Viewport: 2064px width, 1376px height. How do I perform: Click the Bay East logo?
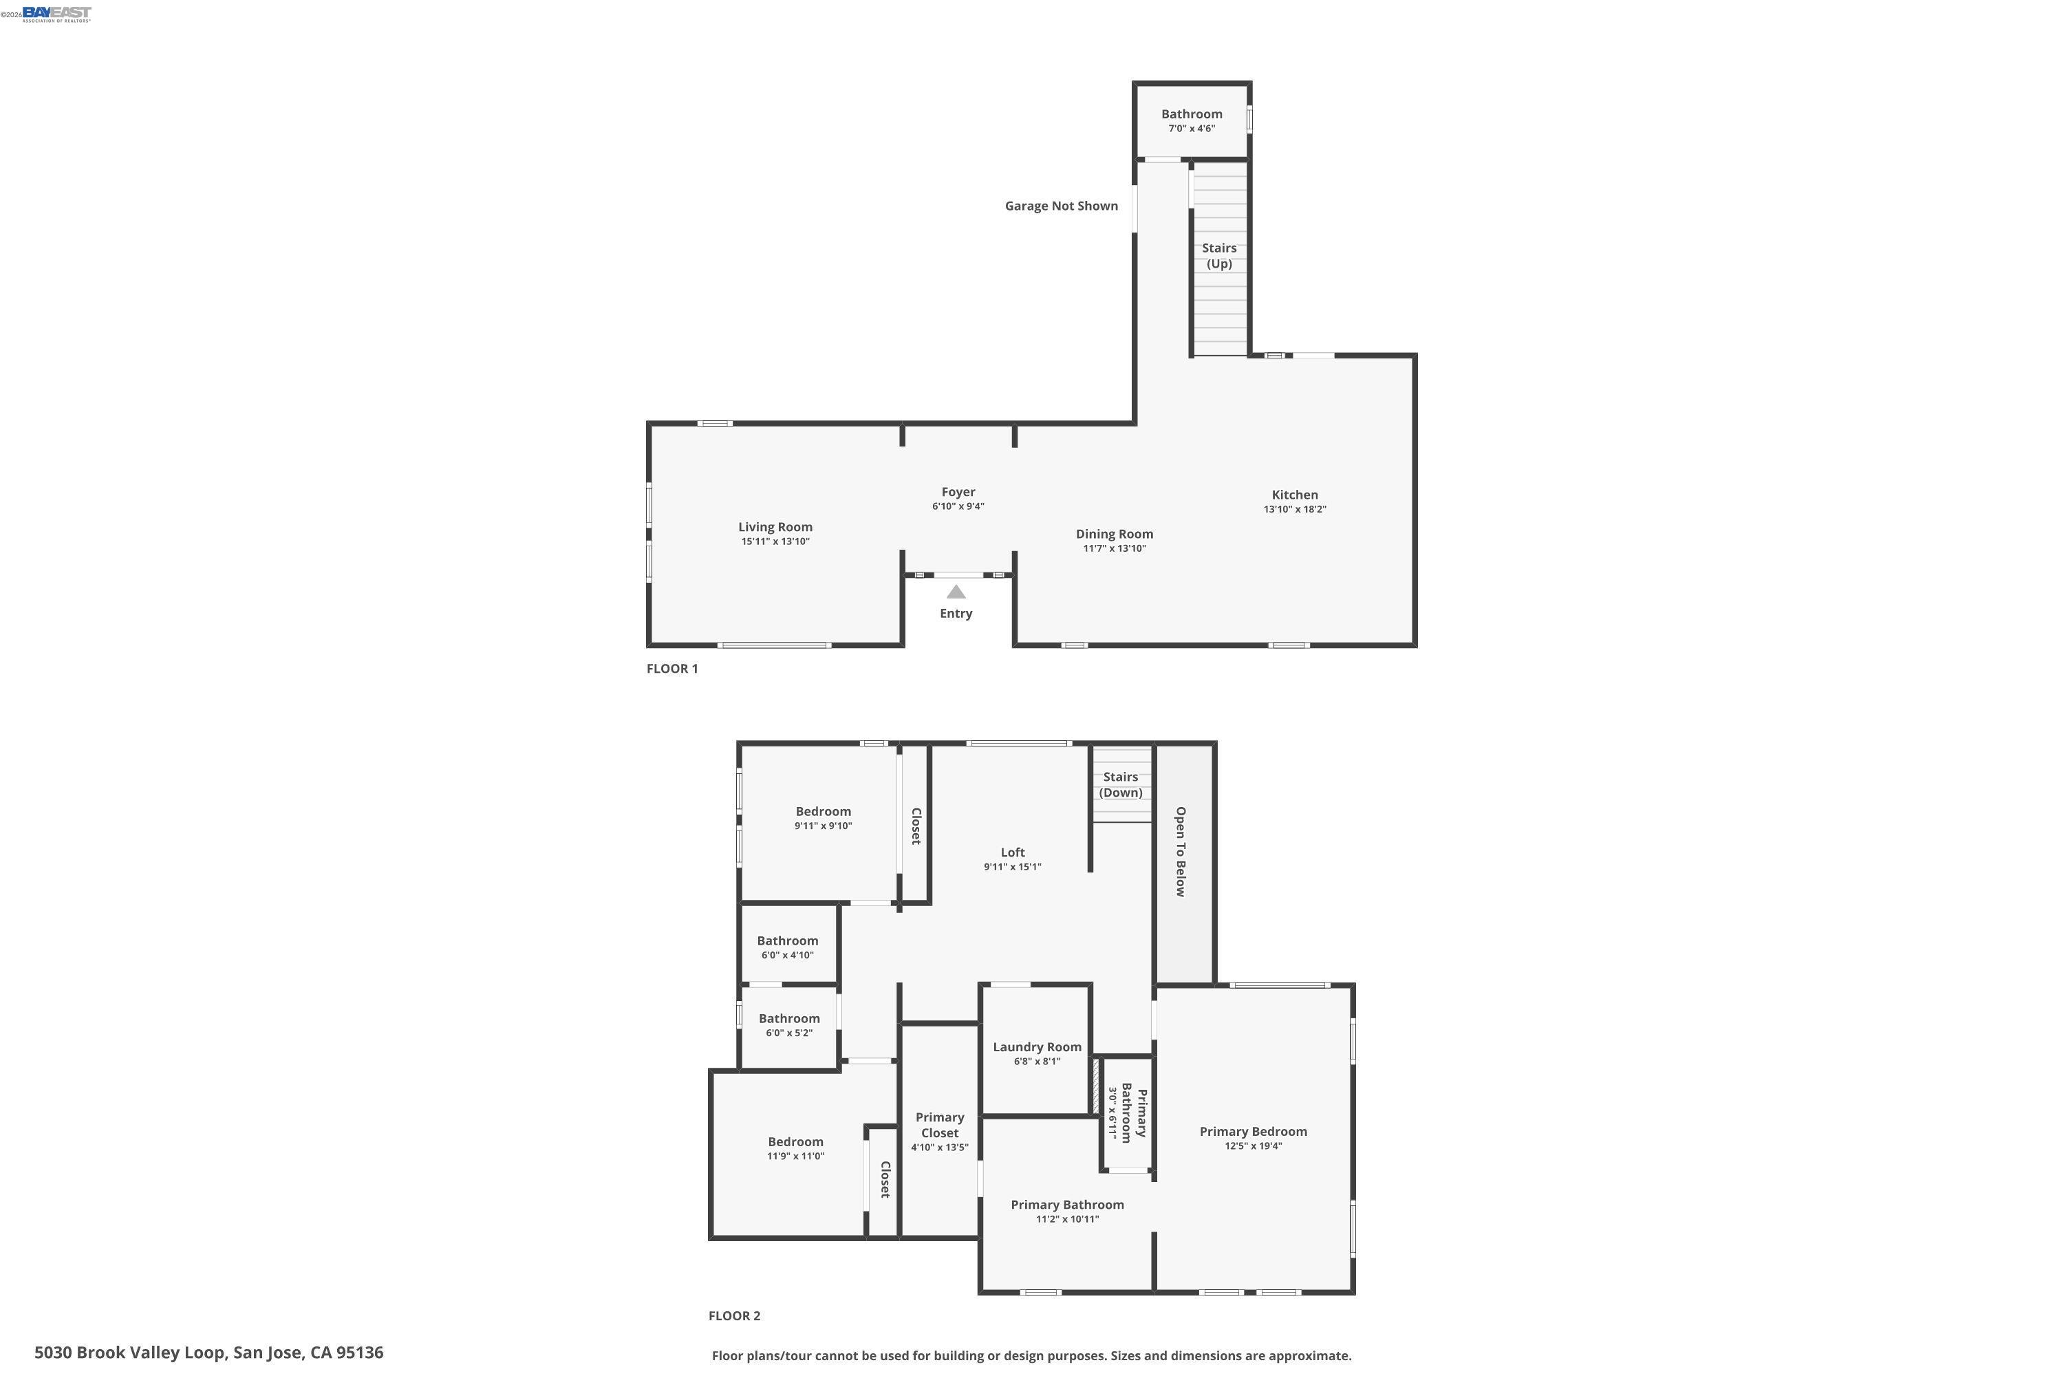[x=56, y=14]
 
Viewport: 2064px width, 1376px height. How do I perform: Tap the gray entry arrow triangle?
[x=956, y=592]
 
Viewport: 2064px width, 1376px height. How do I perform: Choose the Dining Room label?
[x=1115, y=534]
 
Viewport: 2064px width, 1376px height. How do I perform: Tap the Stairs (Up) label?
[x=1219, y=255]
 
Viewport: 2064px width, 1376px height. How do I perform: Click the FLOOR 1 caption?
[x=672, y=669]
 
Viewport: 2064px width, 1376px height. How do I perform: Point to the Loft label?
[x=1013, y=852]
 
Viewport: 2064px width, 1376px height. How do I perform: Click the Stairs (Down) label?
[x=1121, y=784]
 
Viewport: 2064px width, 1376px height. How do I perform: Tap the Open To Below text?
[x=1181, y=851]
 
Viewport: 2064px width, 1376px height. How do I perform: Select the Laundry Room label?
[x=1038, y=1047]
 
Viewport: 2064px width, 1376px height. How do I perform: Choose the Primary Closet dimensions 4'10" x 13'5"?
[x=939, y=1148]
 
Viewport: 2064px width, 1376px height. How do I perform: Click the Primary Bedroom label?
[x=1253, y=1131]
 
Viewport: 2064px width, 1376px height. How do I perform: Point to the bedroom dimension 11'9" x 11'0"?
[x=795, y=1157]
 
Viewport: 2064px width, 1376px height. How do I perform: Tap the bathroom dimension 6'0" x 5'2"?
[x=789, y=1033]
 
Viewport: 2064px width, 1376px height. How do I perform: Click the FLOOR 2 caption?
[x=735, y=1315]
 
